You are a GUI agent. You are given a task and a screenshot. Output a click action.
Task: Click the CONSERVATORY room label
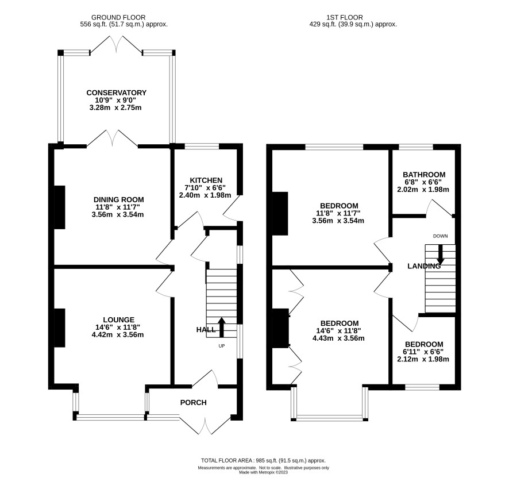pyautogui.click(x=116, y=93)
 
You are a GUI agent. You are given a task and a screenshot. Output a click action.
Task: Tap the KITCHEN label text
pyautogui.click(x=206, y=180)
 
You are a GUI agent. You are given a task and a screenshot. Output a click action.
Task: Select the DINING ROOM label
pyautogui.click(x=118, y=200)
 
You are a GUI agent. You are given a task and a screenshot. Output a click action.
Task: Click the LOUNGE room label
pyautogui.click(x=118, y=320)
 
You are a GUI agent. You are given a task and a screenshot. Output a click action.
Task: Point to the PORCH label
pyautogui.click(x=193, y=403)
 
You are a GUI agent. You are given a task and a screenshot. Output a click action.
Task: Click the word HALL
pyautogui.click(x=206, y=330)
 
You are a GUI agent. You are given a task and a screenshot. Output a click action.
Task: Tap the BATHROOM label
pyautogui.click(x=424, y=175)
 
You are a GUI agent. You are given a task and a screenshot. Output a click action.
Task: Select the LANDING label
pyautogui.click(x=424, y=266)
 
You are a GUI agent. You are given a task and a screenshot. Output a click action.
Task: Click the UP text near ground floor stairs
pyautogui.click(x=221, y=346)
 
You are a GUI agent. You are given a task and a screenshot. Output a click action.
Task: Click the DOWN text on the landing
pyautogui.click(x=440, y=236)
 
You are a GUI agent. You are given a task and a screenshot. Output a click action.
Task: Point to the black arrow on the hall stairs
pyautogui.click(x=222, y=328)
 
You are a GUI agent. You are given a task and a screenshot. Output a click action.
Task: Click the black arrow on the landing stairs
pyautogui.click(x=440, y=255)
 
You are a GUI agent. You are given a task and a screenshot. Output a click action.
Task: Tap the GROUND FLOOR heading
pyautogui.click(x=118, y=18)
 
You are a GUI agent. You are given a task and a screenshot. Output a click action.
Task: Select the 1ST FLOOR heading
pyautogui.click(x=345, y=18)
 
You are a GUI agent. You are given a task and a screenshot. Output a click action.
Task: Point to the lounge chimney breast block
pyautogui.click(x=59, y=328)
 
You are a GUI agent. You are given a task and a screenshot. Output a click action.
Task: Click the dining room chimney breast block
pyautogui.click(x=59, y=207)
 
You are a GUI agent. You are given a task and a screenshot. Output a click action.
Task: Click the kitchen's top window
pyautogui.click(x=202, y=147)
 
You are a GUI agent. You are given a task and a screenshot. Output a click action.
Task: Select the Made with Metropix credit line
pyautogui.click(x=263, y=472)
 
